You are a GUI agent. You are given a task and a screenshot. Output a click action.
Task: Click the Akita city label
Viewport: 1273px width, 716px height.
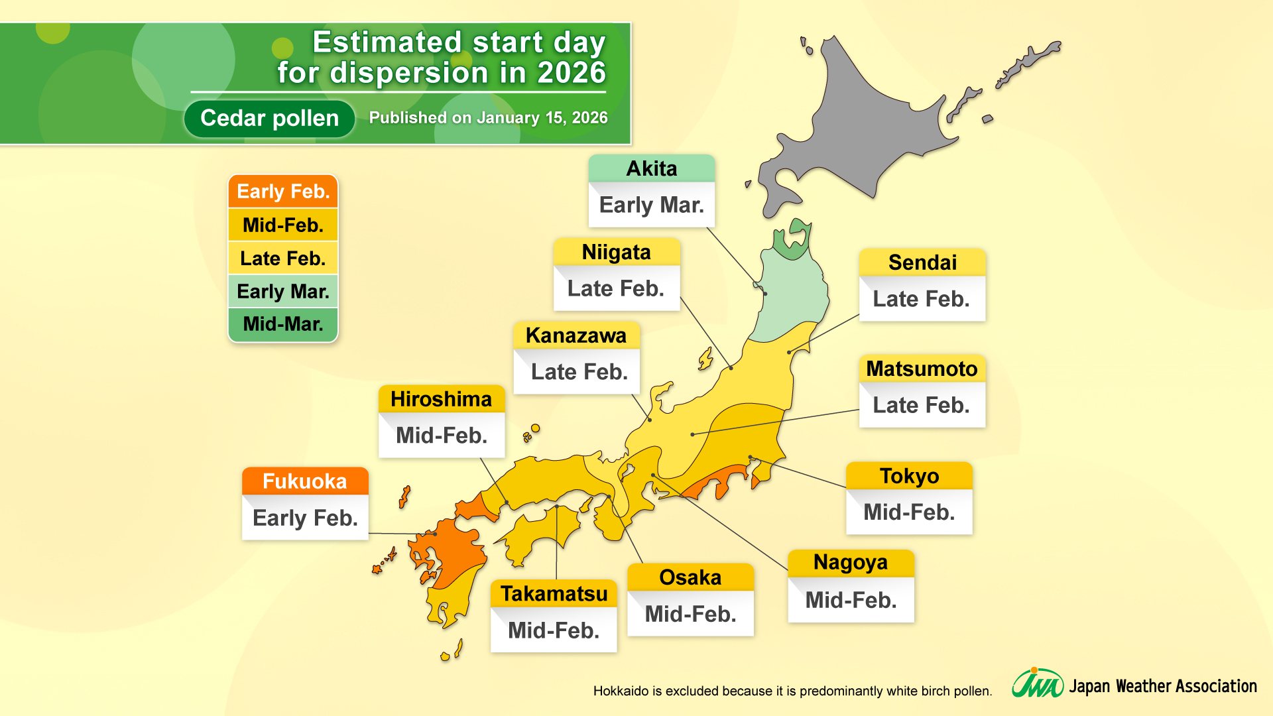coord(651,168)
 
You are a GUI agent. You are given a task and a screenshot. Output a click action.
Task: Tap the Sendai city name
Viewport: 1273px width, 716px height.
coord(922,263)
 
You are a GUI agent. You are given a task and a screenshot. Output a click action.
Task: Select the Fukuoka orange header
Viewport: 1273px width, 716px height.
coord(304,481)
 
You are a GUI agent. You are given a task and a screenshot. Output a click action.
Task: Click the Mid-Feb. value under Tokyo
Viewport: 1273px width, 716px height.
coord(908,512)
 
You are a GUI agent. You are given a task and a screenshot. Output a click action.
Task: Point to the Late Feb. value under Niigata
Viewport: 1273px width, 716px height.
coord(615,288)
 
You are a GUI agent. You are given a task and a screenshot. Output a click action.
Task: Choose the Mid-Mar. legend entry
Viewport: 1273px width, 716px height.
coord(283,324)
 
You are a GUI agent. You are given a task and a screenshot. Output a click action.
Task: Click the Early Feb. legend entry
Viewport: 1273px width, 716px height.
coord(283,192)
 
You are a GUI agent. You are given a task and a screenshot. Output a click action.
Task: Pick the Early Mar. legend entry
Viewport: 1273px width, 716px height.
coord(283,291)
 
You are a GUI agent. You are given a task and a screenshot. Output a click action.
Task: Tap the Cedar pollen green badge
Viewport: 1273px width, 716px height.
coord(269,118)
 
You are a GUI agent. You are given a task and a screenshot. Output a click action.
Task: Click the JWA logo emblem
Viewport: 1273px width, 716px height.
coord(1036,684)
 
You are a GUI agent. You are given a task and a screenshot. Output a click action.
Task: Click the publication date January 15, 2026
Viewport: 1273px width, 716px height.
coord(542,118)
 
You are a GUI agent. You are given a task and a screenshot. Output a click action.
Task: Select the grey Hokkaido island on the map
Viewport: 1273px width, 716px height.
coord(862,126)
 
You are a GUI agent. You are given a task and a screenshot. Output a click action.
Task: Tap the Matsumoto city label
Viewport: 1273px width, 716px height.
coord(922,369)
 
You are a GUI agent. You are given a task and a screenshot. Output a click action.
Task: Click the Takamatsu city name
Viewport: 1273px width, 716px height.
coord(554,593)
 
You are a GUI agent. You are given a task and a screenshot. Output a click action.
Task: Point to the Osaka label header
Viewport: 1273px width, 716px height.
coord(690,577)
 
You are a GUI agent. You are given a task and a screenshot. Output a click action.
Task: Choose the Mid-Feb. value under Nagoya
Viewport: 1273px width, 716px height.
coord(850,600)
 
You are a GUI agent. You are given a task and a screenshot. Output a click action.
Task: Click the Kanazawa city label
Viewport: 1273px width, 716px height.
coord(576,335)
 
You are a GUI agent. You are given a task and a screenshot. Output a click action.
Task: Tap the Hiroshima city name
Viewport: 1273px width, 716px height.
coord(441,399)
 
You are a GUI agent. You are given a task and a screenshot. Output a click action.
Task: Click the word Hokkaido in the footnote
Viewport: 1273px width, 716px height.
coord(621,691)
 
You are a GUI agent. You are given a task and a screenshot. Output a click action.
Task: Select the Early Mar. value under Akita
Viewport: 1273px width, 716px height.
coord(651,205)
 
